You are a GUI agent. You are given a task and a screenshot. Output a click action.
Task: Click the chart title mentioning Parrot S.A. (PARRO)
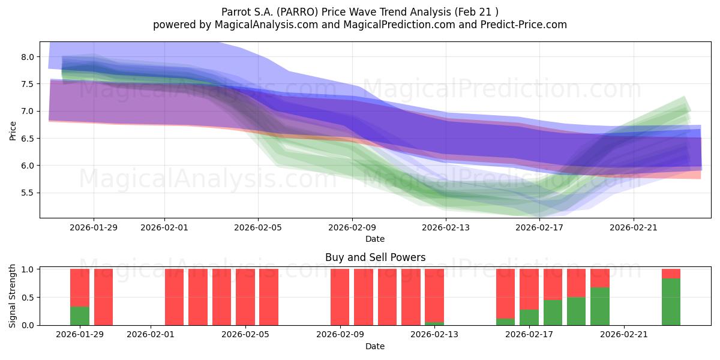(x=359, y=11)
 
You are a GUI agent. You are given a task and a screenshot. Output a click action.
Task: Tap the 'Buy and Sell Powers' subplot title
(x=375, y=257)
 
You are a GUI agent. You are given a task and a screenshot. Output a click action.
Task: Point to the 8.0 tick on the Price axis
(x=28, y=57)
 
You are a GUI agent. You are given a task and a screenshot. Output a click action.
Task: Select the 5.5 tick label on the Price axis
(x=28, y=193)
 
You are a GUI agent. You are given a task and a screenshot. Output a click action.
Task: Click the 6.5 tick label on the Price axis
(x=28, y=139)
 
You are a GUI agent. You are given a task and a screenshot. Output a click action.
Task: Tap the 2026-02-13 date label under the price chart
(x=446, y=227)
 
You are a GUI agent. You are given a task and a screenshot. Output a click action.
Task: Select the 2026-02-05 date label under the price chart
(x=258, y=227)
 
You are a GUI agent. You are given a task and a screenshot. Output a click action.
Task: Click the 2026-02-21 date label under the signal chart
(x=624, y=335)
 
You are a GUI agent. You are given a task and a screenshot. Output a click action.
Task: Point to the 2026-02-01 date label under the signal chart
(x=151, y=335)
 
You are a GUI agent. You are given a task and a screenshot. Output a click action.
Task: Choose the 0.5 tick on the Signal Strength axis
(x=28, y=298)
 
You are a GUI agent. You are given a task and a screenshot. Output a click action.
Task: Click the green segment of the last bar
(x=671, y=302)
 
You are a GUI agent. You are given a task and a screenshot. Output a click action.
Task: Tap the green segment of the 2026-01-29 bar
(x=80, y=316)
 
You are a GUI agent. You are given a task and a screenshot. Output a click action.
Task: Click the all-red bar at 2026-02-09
(x=340, y=297)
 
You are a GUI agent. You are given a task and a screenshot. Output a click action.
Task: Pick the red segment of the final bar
(x=671, y=274)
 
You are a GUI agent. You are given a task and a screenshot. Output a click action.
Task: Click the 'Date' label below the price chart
(x=375, y=239)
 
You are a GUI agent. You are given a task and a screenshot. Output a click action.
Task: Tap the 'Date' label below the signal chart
(x=375, y=346)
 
